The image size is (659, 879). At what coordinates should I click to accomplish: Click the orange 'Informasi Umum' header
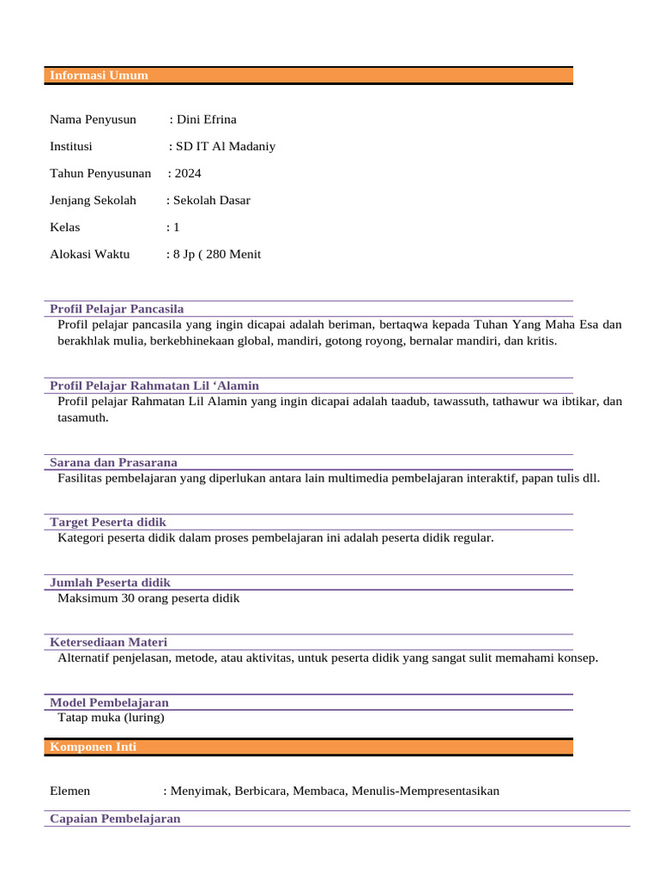(x=99, y=76)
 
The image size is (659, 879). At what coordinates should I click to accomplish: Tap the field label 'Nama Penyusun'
(x=93, y=119)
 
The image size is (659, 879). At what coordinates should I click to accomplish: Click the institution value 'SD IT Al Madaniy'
(x=226, y=146)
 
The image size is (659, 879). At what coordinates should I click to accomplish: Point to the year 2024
(x=188, y=173)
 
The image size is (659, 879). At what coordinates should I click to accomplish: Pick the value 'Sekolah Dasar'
(x=212, y=200)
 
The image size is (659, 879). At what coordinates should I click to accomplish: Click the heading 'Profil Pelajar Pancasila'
(x=117, y=308)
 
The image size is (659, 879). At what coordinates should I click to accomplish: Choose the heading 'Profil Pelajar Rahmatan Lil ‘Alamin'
(x=154, y=385)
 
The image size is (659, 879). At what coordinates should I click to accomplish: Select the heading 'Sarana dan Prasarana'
(x=113, y=463)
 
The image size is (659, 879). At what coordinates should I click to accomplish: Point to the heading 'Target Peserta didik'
(x=108, y=522)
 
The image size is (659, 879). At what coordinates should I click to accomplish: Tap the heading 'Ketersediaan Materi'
(x=108, y=642)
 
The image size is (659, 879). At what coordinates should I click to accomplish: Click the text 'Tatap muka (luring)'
(x=111, y=717)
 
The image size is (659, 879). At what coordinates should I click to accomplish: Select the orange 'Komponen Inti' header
(x=93, y=748)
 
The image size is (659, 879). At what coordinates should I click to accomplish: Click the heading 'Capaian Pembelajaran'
(x=115, y=819)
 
